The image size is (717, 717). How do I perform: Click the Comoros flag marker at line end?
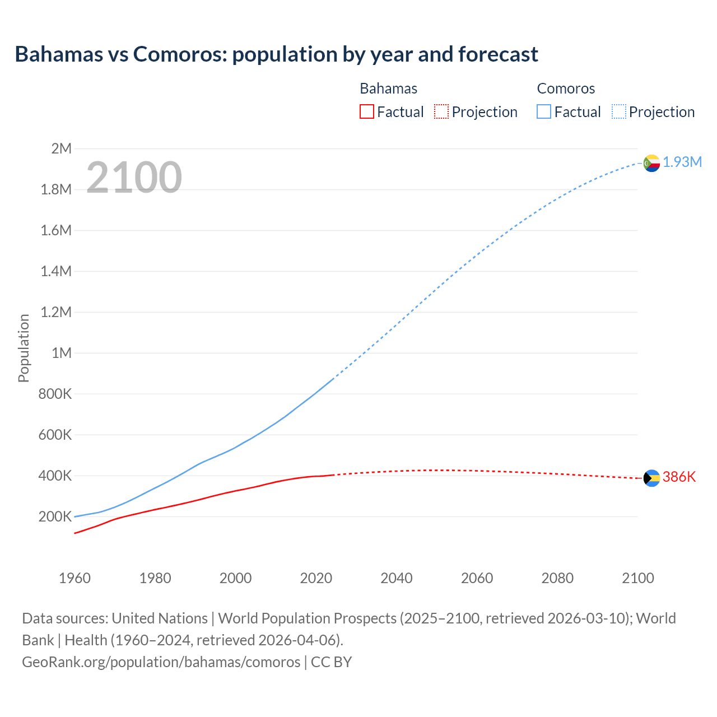click(x=651, y=163)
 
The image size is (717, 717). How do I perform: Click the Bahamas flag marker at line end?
click(x=651, y=478)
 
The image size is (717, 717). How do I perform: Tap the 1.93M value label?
click(x=682, y=162)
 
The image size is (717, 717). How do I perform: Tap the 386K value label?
click(x=679, y=477)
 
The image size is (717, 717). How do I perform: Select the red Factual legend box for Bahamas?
click(x=366, y=111)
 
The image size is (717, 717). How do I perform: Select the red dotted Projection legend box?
click(x=441, y=111)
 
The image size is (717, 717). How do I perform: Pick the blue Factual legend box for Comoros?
click(x=543, y=111)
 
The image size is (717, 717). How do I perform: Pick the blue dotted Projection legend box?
click(x=618, y=111)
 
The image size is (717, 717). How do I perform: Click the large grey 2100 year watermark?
click(x=134, y=178)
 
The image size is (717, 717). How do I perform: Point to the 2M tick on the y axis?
click(x=62, y=148)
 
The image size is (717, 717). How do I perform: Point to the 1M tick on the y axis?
click(x=62, y=353)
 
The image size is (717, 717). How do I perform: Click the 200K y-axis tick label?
click(x=55, y=516)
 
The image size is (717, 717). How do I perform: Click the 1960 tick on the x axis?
click(x=75, y=578)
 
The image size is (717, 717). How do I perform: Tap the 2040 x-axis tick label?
click(x=397, y=578)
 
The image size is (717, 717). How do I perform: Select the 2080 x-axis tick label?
click(x=557, y=578)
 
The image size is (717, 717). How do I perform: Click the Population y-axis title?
click(x=24, y=348)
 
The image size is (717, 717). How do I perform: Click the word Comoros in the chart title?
click(x=179, y=54)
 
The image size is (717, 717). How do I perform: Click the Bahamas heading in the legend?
click(x=388, y=89)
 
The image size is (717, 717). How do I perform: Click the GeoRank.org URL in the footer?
click(x=161, y=662)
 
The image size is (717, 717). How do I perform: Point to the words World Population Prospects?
click(x=308, y=618)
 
